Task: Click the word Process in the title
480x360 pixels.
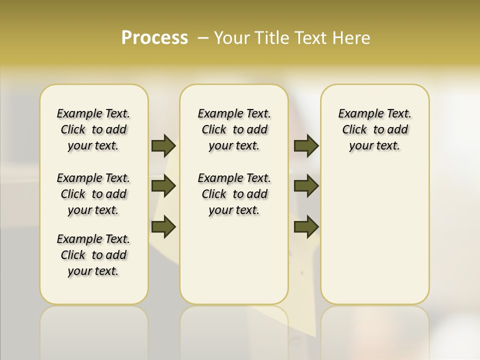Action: [154, 37]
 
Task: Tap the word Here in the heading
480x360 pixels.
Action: [352, 37]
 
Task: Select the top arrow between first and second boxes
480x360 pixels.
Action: [163, 145]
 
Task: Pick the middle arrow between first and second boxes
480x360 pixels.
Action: [163, 186]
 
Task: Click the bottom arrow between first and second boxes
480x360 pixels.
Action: [163, 226]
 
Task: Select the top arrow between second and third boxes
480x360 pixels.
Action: [306, 145]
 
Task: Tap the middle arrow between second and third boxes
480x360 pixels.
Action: [306, 186]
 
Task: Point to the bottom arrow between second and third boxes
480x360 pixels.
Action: [306, 226]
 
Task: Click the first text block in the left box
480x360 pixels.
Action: [93, 129]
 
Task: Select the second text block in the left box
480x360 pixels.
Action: [93, 194]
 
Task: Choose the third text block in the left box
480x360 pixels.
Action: [93, 255]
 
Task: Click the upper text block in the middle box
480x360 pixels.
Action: [234, 129]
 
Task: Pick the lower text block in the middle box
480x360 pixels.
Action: [234, 194]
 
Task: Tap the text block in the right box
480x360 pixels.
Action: [375, 129]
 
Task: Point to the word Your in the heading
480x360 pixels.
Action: [232, 37]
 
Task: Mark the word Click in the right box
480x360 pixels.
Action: [354, 130]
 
